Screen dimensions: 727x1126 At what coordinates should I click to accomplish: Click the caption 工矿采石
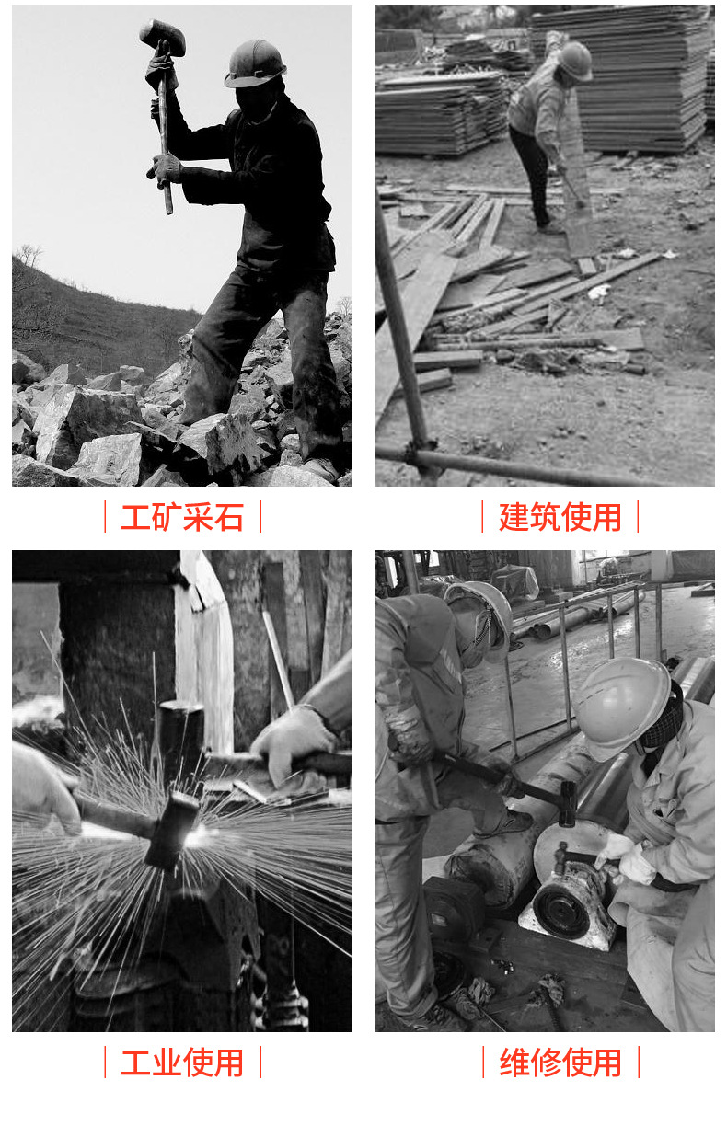point(182,517)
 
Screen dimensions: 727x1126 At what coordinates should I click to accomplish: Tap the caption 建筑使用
point(560,517)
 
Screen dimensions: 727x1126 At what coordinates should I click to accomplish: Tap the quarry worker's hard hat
point(256,63)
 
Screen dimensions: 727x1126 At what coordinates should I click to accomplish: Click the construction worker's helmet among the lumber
point(575,61)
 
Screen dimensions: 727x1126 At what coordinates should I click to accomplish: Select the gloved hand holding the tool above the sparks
point(293,745)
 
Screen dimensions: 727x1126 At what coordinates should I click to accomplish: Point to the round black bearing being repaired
point(561,910)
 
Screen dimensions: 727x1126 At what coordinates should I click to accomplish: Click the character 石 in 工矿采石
point(229,517)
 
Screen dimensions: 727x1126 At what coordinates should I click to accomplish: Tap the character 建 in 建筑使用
point(514,517)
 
